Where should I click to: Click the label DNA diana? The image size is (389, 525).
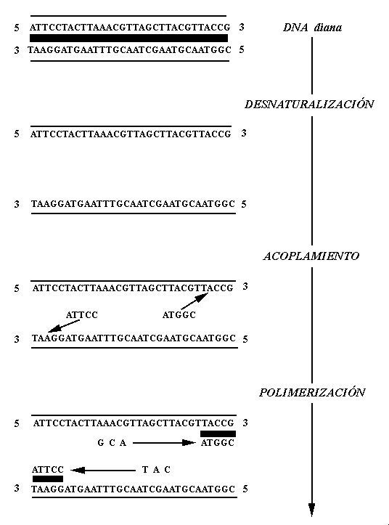(x=312, y=27)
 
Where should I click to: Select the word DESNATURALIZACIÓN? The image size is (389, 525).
(x=309, y=104)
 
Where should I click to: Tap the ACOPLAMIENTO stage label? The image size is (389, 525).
(x=311, y=256)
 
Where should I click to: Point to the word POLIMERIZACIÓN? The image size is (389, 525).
(x=312, y=392)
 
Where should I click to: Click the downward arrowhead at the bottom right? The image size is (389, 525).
(x=312, y=510)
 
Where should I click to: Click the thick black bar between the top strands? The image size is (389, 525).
(x=129, y=38)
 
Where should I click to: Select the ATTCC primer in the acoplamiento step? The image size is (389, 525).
(x=82, y=314)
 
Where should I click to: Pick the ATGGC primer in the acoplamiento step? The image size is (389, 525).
(x=179, y=314)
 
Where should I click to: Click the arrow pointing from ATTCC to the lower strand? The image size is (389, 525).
(x=64, y=326)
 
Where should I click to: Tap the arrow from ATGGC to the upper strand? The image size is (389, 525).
(x=194, y=301)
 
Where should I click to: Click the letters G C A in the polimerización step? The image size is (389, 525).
(x=112, y=443)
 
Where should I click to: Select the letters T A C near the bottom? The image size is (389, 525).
(x=156, y=470)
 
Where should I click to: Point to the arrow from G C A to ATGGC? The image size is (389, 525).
(x=164, y=443)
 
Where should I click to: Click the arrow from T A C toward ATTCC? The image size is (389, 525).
(x=103, y=471)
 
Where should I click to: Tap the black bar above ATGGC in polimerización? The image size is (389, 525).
(x=218, y=434)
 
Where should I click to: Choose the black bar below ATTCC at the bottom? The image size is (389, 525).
(x=48, y=479)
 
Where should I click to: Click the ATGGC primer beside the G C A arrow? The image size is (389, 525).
(x=218, y=443)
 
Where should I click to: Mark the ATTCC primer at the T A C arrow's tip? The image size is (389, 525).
(x=48, y=469)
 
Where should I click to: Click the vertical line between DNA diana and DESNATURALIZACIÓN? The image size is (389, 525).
(x=312, y=65)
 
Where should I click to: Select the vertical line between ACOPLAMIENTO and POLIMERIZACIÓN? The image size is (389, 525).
(x=312, y=325)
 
